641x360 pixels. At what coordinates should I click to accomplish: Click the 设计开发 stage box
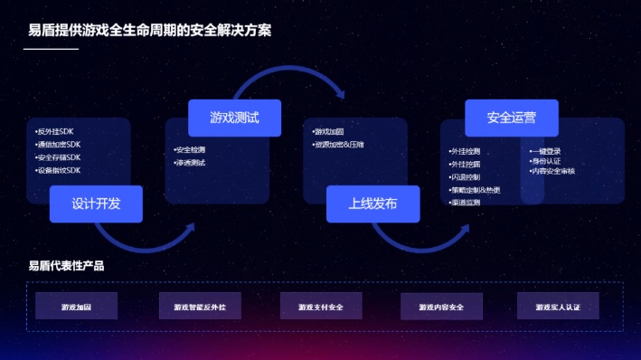97,204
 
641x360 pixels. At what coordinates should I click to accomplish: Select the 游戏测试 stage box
234,118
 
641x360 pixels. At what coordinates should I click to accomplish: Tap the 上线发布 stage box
372,204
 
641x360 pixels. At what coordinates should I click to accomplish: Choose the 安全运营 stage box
511,118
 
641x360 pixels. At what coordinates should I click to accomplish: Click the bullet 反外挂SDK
56,132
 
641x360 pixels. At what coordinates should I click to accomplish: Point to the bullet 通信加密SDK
59,145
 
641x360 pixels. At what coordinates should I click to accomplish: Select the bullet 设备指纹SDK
59,170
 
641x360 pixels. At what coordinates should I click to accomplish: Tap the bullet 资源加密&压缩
338,145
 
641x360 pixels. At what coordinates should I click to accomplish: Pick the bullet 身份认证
549,161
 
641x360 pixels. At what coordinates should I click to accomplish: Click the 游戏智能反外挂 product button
200,307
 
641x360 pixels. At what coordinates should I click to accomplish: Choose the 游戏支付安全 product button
321,307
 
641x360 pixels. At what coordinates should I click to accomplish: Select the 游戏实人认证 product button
558,307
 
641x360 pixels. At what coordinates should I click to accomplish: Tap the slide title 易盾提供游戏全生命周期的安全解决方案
150,30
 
